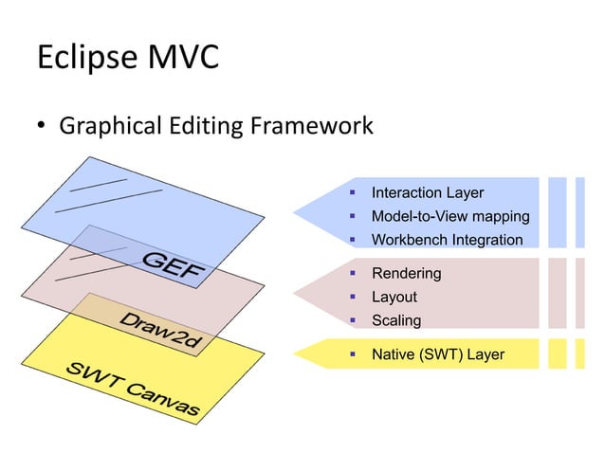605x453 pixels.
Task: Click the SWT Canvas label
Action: click(x=132, y=390)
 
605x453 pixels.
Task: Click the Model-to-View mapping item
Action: click(x=450, y=216)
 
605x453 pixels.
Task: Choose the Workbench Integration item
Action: click(x=447, y=240)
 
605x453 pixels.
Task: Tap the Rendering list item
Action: click(x=406, y=274)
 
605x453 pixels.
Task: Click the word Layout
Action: click(x=394, y=298)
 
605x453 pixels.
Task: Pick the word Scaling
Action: click(x=396, y=320)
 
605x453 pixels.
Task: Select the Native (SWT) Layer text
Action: click(x=438, y=355)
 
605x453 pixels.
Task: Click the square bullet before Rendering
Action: click(x=352, y=274)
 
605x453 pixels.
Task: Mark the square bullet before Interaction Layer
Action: click(x=352, y=193)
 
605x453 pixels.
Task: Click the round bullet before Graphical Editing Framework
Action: click(x=43, y=126)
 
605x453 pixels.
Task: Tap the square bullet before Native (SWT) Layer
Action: click(x=352, y=355)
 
